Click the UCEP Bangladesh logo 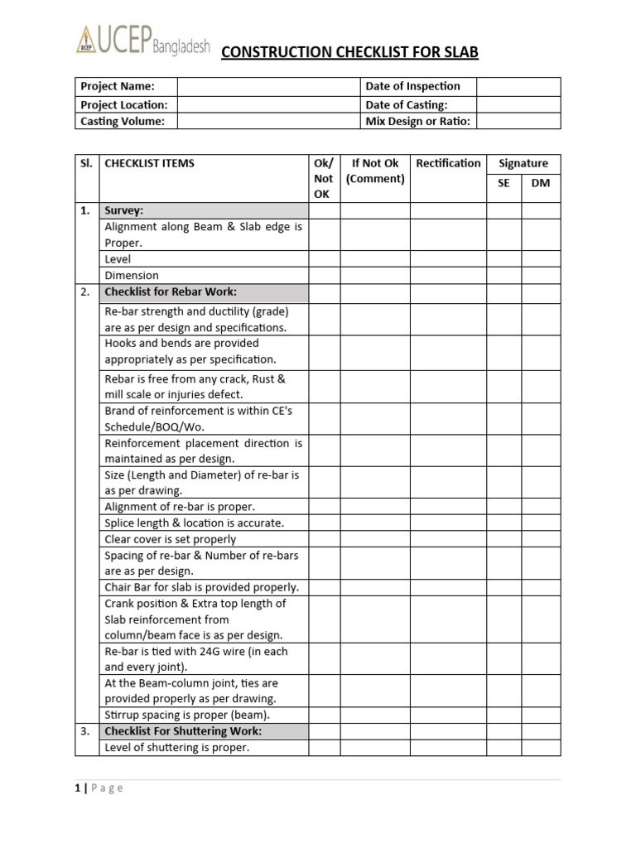pyautogui.click(x=142, y=42)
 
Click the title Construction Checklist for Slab pyautogui.click(x=349, y=52)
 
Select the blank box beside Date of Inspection pyautogui.click(x=518, y=86)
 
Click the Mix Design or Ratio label pyautogui.click(x=417, y=121)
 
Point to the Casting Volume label pyautogui.click(x=123, y=121)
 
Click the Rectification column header pyautogui.click(x=448, y=163)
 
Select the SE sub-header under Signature pyautogui.click(x=503, y=183)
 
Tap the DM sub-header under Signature pyautogui.click(x=540, y=183)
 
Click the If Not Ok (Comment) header pyautogui.click(x=375, y=171)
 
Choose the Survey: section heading pyautogui.click(x=123, y=210)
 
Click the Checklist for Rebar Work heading pyautogui.click(x=171, y=291)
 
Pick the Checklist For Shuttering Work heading pyautogui.click(x=183, y=731)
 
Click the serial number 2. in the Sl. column pyautogui.click(x=85, y=291)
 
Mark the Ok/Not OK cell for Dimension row pyautogui.click(x=324, y=276)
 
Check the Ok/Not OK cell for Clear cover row pyautogui.click(x=324, y=539)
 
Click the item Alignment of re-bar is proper pyautogui.click(x=180, y=507)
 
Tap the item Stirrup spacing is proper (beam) pyautogui.click(x=187, y=715)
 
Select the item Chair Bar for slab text pyautogui.click(x=201, y=587)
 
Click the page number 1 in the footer pyautogui.click(x=78, y=788)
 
